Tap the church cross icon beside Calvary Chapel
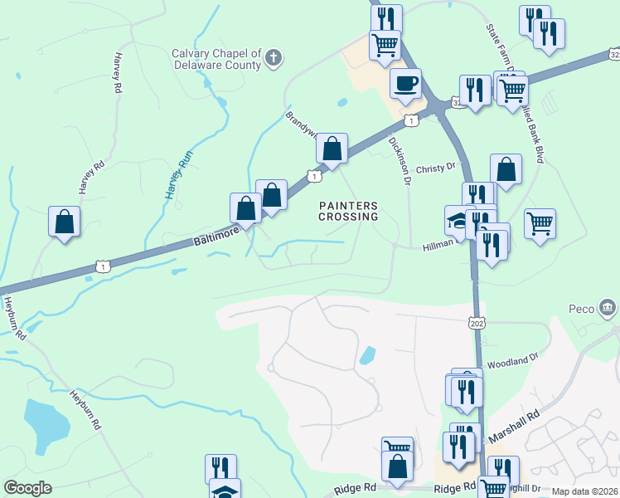coord(274,59)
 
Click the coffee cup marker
coord(405,83)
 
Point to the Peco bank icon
coord(608,309)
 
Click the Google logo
coord(27,487)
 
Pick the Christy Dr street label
coord(436,167)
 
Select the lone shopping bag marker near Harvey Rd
coord(64,222)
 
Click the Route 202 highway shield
coord(476,321)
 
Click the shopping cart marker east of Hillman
coord(540,222)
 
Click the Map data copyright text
coord(584,491)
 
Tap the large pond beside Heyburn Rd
coord(47,422)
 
